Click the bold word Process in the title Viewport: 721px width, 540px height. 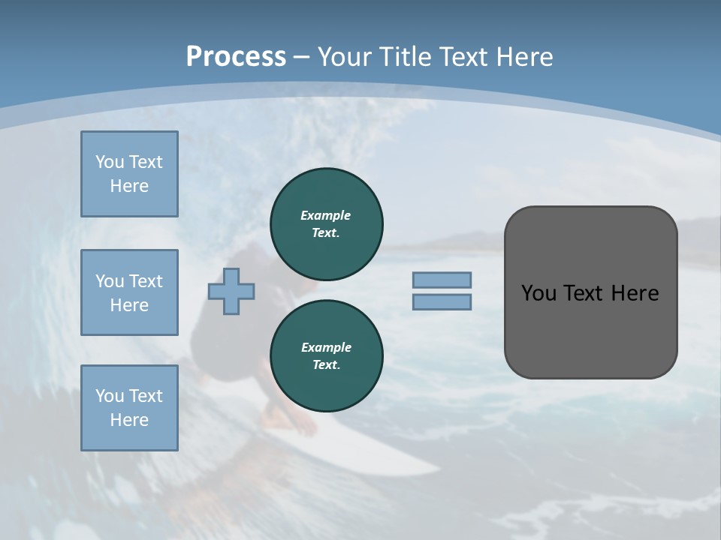click(236, 56)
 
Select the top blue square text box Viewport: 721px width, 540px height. click(129, 174)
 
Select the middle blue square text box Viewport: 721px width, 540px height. click(129, 292)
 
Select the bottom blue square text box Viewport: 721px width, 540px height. click(129, 408)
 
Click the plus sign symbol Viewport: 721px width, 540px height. click(231, 291)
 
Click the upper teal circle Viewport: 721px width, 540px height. click(327, 223)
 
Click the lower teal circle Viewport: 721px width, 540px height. click(327, 355)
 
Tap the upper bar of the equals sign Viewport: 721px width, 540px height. click(442, 280)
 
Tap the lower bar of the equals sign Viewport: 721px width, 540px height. click(442, 302)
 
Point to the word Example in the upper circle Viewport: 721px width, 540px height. click(325, 215)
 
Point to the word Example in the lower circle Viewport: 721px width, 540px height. click(326, 347)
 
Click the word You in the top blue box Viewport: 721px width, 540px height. click(108, 162)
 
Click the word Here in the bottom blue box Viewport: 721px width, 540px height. click(129, 420)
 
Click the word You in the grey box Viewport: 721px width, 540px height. click(538, 293)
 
